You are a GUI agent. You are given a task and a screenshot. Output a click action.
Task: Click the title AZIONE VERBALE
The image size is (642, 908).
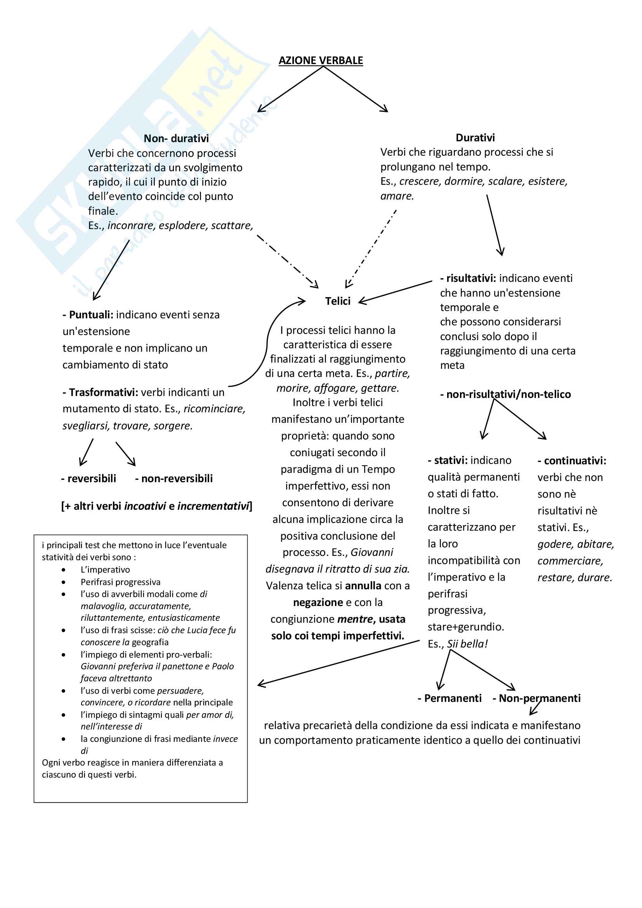pyautogui.click(x=321, y=61)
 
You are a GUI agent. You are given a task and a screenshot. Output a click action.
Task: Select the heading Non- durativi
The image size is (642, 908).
pyautogui.click(x=176, y=139)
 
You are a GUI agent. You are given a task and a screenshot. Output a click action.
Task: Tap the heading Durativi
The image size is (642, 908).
pyautogui.click(x=475, y=138)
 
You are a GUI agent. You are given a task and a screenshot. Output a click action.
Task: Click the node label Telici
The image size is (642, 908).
pyautogui.click(x=338, y=301)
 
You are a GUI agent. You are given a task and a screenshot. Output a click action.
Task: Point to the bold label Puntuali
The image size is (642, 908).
pyautogui.click(x=91, y=315)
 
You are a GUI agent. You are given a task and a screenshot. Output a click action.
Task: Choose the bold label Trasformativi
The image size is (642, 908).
pyautogui.click(x=103, y=392)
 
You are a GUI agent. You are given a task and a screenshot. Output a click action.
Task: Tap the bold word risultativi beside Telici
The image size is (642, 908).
pyautogui.click(x=470, y=278)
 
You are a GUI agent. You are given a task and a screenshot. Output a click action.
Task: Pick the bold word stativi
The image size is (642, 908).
pyautogui.click(x=451, y=460)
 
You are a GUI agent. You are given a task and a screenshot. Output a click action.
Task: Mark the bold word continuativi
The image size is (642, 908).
pyautogui.click(x=575, y=461)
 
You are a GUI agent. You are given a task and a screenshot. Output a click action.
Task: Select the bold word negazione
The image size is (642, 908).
pyautogui.click(x=318, y=602)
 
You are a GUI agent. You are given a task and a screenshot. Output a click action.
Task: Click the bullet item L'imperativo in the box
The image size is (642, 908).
pyautogui.click(x=105, y=569)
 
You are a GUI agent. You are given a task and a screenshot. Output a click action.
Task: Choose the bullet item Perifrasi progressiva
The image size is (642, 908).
pyautogui.click(x=121, y=582)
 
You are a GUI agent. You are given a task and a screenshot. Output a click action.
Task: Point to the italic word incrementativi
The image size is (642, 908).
pyautogui.click(x=213, y=506)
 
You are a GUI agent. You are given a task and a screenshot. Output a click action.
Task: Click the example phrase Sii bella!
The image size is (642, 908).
pyautogui.click(x=467, y=644)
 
